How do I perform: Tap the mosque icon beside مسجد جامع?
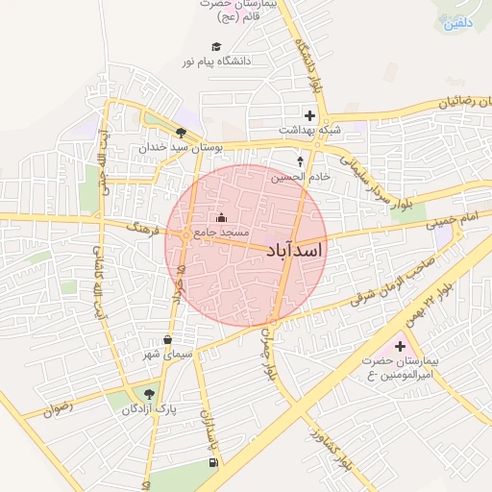click(224, 217)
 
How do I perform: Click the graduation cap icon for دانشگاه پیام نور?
click(216, 47)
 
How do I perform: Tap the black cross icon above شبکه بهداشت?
click(309, 115)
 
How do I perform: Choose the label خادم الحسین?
click(301, 177)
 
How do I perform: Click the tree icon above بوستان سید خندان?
click(181, 133)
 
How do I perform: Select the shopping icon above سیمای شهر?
click(168, 339)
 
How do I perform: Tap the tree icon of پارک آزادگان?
click(148, 394)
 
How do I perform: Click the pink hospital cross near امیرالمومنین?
click(401, 345)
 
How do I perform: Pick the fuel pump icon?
click(211, 462)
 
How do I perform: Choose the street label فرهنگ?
click(149, 227)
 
